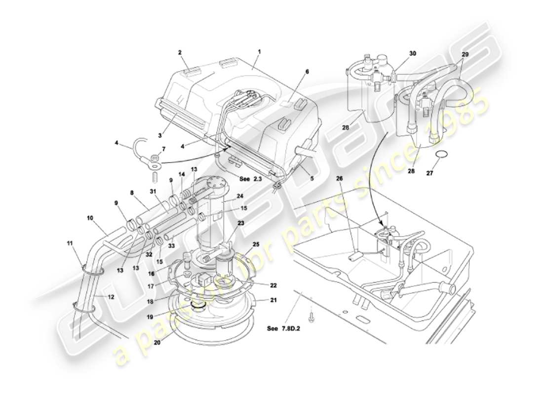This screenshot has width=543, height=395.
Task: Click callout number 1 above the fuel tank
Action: pyautogui.click(x=259, y=51)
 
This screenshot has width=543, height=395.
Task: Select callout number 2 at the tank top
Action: pyautogui.click(x=180, y=52)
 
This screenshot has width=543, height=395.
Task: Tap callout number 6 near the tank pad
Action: pyautogui.click(x=307, y=72)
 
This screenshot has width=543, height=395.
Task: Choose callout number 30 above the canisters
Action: pyautogui.click(x=413, y=53)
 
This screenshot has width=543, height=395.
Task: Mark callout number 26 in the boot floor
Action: pyautogui.click(x=339, y=178)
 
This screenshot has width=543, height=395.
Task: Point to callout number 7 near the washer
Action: pyautogui.click(x=163, y=149)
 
